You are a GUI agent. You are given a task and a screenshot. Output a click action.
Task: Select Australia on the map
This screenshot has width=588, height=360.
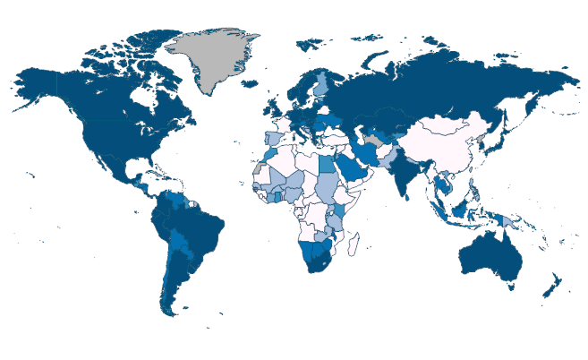click(489, 256)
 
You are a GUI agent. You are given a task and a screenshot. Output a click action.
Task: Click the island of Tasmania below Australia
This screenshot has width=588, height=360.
click(508, 288)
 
